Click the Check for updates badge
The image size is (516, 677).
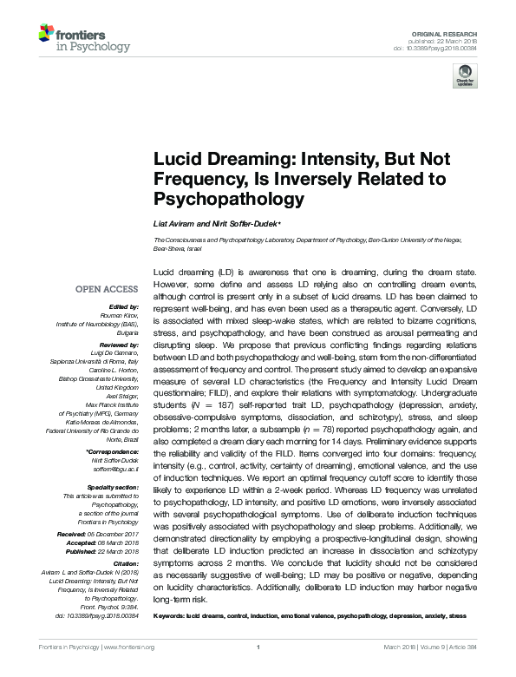tap(465, 74)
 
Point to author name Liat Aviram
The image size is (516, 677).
tap(173, 224)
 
